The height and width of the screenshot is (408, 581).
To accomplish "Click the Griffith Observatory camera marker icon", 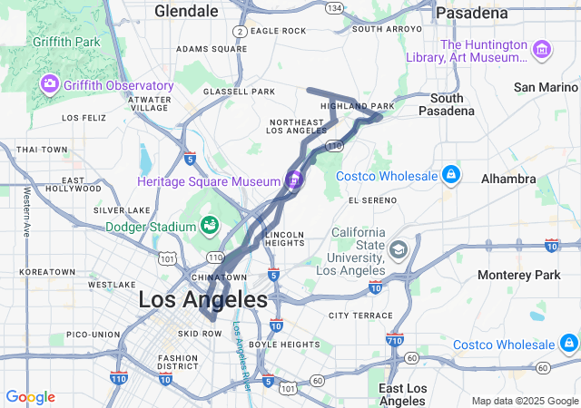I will [50, 84].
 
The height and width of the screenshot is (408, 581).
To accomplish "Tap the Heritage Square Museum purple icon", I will [293, 180].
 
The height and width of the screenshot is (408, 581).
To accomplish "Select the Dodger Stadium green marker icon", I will [209, 224].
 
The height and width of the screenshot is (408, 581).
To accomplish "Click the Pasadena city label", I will [471, 13].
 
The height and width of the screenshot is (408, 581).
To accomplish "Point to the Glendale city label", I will [186, 11].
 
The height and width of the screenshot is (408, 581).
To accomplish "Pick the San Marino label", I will [546, 87].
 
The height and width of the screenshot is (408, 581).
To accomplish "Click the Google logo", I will [30, 397].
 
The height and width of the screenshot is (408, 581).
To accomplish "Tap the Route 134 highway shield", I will [335, 8].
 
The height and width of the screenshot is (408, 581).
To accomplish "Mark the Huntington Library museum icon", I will [543, 48].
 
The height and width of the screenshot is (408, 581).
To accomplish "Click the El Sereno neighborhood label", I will [368, 199].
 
